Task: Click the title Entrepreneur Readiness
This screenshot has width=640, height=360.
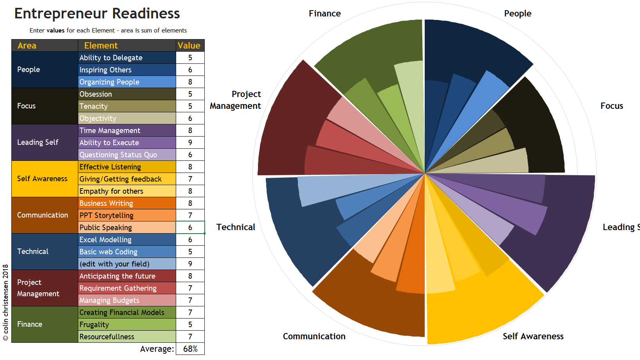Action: pyautogui.click(x=97, y=14)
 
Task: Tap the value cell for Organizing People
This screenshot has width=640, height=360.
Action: pyautogui.click(x=190, y=82)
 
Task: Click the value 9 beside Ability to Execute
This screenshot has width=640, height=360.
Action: pyautogui.click(x=190, y=142)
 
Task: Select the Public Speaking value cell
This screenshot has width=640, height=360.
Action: pyautogui.click(x=190, y=227)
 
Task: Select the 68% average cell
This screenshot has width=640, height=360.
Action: pyautogui.click(x=190, y=349)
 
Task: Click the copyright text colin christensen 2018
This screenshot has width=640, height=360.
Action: pyautogui.click(x=5, y=302)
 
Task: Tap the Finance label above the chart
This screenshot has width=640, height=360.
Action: pyautogui.click(x=325, y=14)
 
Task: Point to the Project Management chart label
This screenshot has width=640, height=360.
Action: pyautogui.click(x=236, y=100)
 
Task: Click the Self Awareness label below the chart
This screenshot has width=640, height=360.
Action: pyautogui.click(x=533, y=336)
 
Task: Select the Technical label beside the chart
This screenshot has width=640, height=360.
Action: pyautogui.click(x=236, y=227)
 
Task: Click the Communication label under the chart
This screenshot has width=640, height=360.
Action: pyautogui.click(x=314, y=336)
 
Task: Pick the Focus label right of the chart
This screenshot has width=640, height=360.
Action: pyautogui.click(x=611, y=106)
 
